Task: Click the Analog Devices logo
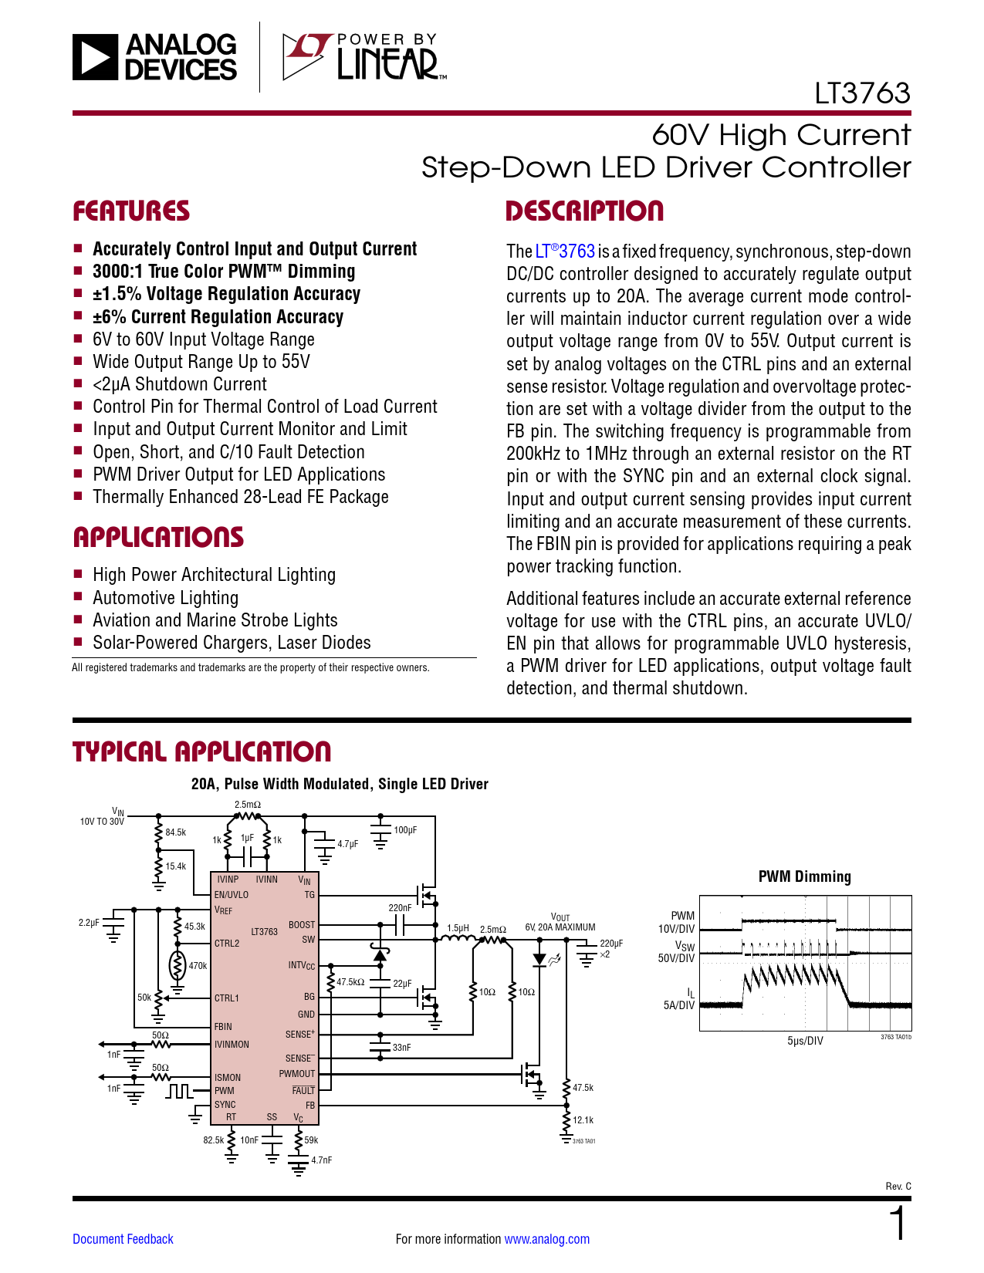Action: click(x=155, y=57)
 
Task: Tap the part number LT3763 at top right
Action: click(x=862, y=93)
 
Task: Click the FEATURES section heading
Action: click(x=131, y=211)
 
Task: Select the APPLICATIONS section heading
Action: click(x=158, y=538)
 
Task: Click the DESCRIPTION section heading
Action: click(x=584, y=211)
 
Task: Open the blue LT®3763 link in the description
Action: click(x=565, y=252)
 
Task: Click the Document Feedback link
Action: click(x=123, y=1239)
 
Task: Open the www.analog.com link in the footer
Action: click(x=546, y=1239)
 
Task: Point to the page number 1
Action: click(x=898, y=1224)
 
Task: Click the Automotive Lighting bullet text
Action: click(x=165, y=598)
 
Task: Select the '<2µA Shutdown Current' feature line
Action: click(x=179, y=384)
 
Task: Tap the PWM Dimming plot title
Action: click(x=804, y=876)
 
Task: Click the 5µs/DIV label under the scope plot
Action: click(x=805, y=1041)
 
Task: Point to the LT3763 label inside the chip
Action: click(x=264, y=932)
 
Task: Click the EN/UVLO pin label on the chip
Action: click(x=232, y=895)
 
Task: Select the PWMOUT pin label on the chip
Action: click(x=297, y=1074)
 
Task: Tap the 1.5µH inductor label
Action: click(x=458, y=928)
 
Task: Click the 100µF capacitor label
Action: click(x=405, y=830)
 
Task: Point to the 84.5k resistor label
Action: click(x=175, y=832)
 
